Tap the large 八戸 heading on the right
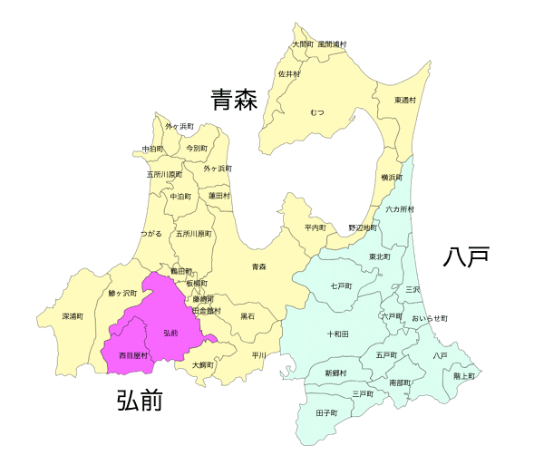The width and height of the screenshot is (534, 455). pyautogui.click(x=466, y=257)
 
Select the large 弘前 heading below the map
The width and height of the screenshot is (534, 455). pyautogui.click(x=140, y=400)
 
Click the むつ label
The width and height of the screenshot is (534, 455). pyautogui.click(x=316, y=111)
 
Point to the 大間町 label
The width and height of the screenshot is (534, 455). pyautogui.click(x=303, y=44)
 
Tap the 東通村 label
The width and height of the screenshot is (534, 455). pyautogui.click(x=405, y=100)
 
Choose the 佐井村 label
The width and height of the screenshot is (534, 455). pyautogui.click(x=288, y=73)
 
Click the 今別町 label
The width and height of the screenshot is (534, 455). pyautogui.click(x=197, y=147)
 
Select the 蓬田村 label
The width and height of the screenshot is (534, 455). pyautogui.click(x=218, y=195)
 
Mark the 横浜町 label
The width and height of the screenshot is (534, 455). pyautogui.click(x=392, y=178)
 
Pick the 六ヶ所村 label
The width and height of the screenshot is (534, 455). pyautogui.click(x=400, y=209)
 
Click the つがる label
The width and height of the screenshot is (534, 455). pyautogui.click(x=151, y=233)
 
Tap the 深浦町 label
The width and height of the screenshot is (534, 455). pyautogui.click(x=73, y=316)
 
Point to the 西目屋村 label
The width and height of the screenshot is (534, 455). pyautogui.click(x=132, y=356)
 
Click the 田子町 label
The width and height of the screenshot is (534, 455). pyautogui.click(x=326, y=412)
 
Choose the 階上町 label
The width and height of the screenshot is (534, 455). pyautogui.click(x=463, y=375)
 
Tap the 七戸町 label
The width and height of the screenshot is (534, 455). pyautogui.click(x=341, y=286)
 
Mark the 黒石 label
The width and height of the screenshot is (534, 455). pyautogui.click(x=248, y=316)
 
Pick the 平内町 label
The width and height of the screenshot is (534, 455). pyautogui.click(x=315, y=227)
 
